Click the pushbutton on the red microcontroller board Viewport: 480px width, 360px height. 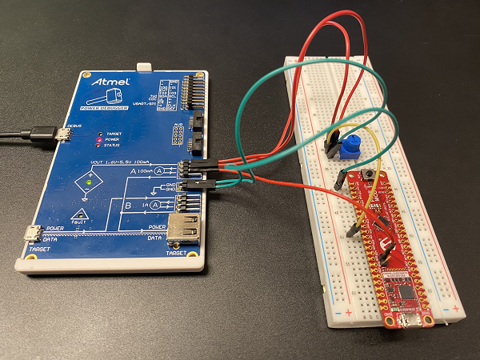(370, 174)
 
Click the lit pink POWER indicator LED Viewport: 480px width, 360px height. (98, 141)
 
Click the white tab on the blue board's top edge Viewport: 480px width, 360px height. (143, 69)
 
